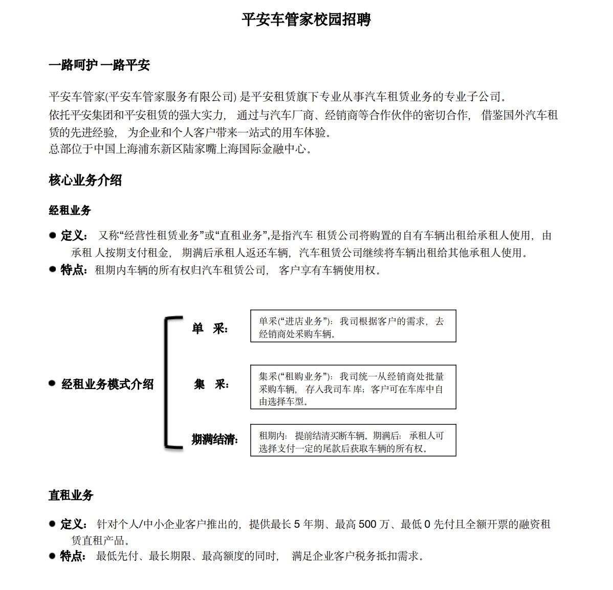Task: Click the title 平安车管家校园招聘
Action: pyautogui.click(x=306, y=20)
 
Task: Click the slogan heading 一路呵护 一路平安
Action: pyautogui.click(x=99, y=65)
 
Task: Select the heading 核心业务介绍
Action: pyautogui.click(x=85, y=180)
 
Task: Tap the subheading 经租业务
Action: pyautogui.click(x=70, y=210)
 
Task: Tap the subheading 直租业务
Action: pyautogui.click(x=71, y=495)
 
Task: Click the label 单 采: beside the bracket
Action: pyautogui.click(x=210, y=329)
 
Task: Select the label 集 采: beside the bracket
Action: pyautogui.click(x=211, y=384)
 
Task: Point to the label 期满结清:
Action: pyautogui.click(x=214, y=440)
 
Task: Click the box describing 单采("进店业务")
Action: pyautogui.click(x=353, y=326)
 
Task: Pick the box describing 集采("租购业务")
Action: pyautogui.click(x=353, y=387)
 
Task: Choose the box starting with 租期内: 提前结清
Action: pyautogui.click(x=353, y=440)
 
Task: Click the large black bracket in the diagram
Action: pyautogui.click(x=168, y=382)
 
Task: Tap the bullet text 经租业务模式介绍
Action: pyautogui.click(x=107, y=384)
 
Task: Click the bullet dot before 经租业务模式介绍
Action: pyautogui.click(x=52, y=383)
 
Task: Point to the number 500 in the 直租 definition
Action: pyautogui.click(x=367, y=524)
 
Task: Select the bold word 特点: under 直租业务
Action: pyautogui.click(x=73, y=556)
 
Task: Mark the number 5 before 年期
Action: pyautogui.click(x=297, y=524)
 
